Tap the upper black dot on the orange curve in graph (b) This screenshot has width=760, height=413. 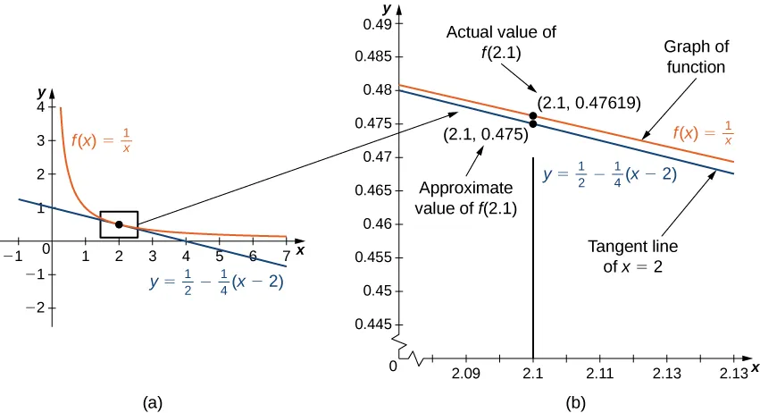click(533, 115)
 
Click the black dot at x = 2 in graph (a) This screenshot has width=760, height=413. click(119, 223)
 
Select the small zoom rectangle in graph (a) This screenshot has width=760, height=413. click(119, 224)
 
